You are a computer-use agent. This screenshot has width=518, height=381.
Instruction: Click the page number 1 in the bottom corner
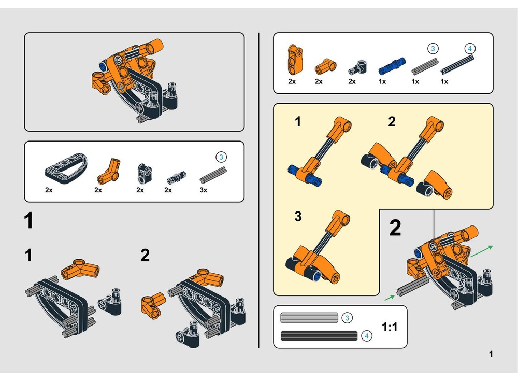(x=491, y=354)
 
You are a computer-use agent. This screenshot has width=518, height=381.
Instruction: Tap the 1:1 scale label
(x=390, y=327)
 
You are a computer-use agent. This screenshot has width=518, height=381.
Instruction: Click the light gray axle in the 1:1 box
(x=309, y=318)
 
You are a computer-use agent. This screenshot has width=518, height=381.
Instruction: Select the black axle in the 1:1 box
(x=319, y=336)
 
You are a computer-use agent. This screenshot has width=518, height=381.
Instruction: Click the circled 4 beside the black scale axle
(x=366, y=336)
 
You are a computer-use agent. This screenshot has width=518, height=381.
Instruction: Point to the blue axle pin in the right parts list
(x=392, y=65)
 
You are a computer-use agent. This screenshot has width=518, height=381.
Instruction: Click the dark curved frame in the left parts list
(x=66, y=168)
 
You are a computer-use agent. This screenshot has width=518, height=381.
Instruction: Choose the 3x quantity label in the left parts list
(x=204, y=190)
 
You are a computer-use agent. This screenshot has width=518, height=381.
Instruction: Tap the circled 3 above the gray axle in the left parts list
(x=221, y=157)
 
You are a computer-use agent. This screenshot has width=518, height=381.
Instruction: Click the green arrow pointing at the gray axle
(x=390, y=298)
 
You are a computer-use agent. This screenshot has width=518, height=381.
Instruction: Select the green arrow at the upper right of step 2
(x=482, y=251)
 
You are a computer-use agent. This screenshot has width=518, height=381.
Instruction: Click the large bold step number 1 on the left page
(x=28, y=221)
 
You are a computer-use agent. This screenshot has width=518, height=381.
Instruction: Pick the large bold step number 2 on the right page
(x=395, y=228)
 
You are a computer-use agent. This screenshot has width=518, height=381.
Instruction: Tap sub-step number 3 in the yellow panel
(x=298, y=216)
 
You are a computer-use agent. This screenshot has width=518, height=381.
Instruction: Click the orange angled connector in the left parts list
(x=108, y=171)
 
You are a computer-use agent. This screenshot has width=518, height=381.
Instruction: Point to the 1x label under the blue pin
(x=382, y=81)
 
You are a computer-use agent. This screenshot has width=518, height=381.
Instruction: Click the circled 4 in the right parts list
(x=470, y=49)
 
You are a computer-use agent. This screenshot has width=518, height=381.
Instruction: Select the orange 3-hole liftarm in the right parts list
(x=295, y=59)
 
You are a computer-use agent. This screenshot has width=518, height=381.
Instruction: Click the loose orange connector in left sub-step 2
(x=153, y=305)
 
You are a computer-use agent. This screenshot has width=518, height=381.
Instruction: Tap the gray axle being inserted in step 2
(x=413, y=286)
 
